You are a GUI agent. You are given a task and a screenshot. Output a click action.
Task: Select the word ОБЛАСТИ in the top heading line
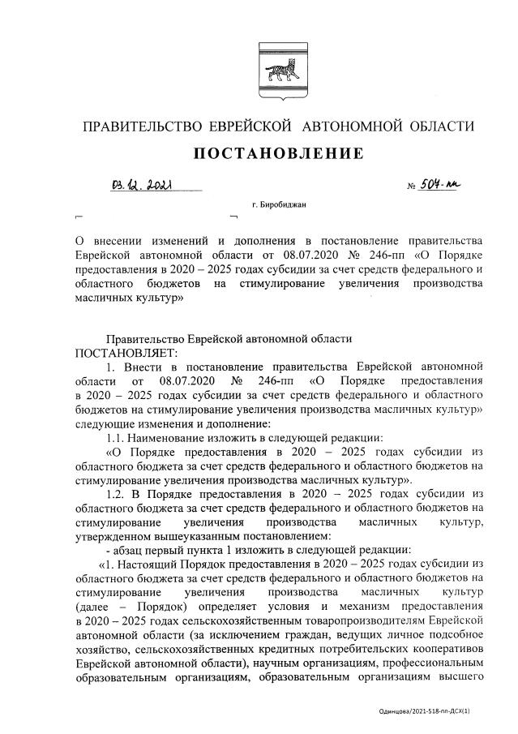click(x=439, y=127)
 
